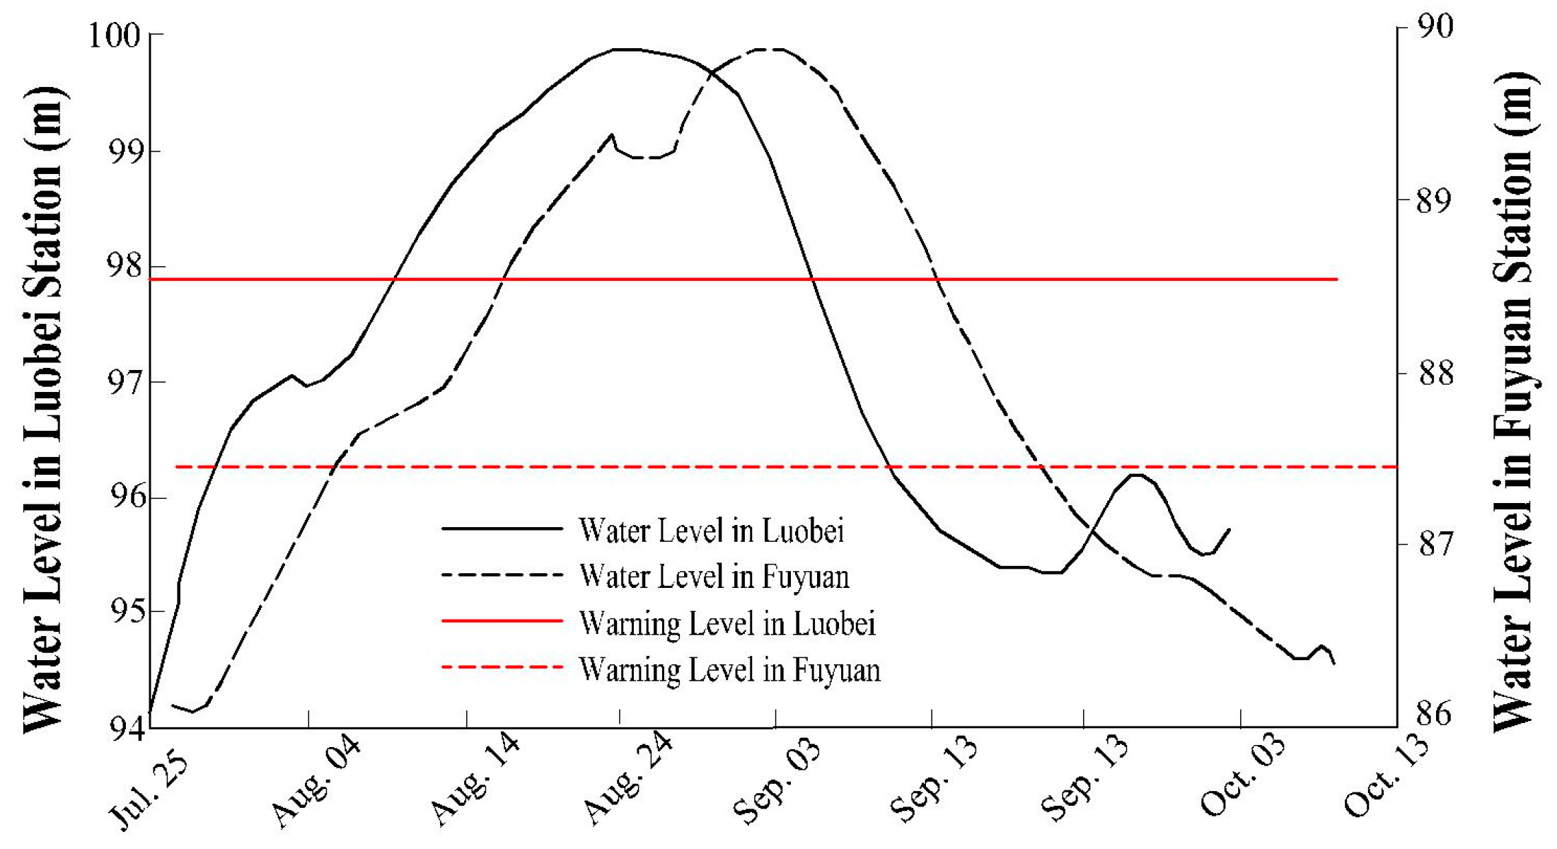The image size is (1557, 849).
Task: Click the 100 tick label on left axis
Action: [114, 35]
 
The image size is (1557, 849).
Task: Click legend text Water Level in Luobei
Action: [711, 531]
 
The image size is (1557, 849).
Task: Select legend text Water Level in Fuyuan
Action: [714, 577]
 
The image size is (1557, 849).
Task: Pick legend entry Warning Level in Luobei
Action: [727, 623]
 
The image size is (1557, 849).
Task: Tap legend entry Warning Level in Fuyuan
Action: [729, 669]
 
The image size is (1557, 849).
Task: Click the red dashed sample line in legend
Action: [502, 666]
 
